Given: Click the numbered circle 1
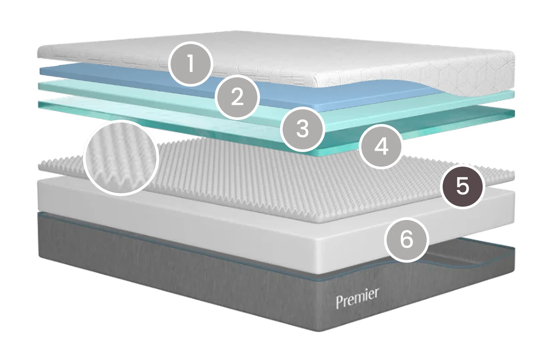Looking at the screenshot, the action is [x=190, y=64].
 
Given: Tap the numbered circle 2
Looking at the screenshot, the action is [x=237, y=97].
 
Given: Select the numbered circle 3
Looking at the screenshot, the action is [x=303, y=129].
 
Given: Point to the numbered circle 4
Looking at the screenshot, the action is [x=381, y=147].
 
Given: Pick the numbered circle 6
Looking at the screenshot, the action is [x=407, y=240].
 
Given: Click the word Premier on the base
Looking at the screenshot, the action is [x=357, y=298].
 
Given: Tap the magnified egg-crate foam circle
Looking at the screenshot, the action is [x=121, y=158].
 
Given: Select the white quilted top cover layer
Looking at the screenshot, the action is [x=296, y=59].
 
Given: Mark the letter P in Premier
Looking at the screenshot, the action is [x=339, y=303].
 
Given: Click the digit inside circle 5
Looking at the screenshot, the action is [x=463, y=186].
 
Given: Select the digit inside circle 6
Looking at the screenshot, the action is [x=407, y=240].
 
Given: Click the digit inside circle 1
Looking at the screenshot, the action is [x=190, y=63].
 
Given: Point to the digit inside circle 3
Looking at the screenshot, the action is [x=303, y=129].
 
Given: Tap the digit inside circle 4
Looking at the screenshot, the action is [x=381, y=147].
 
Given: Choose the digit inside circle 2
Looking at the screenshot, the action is [x=237, y=97].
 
